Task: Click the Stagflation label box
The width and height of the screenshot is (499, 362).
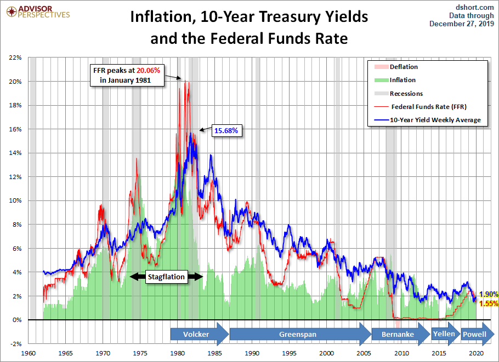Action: coord(167,277)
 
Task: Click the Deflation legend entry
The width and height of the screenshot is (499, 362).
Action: coord(404,67)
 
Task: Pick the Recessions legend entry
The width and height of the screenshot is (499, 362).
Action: coord(406,94)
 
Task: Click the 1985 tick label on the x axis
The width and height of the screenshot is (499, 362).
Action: coord(216,353)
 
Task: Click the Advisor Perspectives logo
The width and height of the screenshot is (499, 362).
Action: coord(37,12)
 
